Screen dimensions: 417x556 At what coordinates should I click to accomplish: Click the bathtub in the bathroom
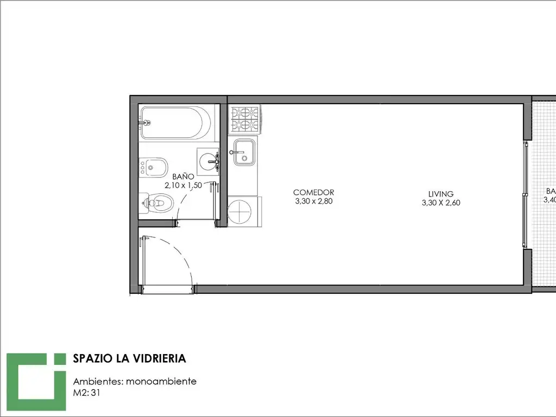(174, 123)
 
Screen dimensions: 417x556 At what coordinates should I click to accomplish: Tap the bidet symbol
(154, 168)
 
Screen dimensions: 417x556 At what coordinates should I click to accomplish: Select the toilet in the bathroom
(157, 204)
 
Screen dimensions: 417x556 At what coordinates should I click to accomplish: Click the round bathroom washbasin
(208, 161)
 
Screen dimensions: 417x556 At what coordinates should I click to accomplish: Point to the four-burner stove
(245, 119)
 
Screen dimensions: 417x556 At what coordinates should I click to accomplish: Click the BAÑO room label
(183, 176)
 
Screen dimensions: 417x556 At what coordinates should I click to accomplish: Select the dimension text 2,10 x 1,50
(184, 185)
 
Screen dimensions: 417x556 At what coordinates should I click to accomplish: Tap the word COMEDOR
(313, 192)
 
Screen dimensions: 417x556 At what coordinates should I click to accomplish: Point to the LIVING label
(440, 194)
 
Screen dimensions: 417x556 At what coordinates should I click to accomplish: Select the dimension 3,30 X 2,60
(440, 203)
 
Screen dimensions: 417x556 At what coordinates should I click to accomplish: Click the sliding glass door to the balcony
(525, 193)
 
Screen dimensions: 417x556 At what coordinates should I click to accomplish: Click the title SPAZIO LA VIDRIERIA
(129, 358)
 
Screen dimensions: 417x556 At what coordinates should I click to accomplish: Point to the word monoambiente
(161, 381)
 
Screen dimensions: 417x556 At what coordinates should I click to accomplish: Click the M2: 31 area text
(87, 391)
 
